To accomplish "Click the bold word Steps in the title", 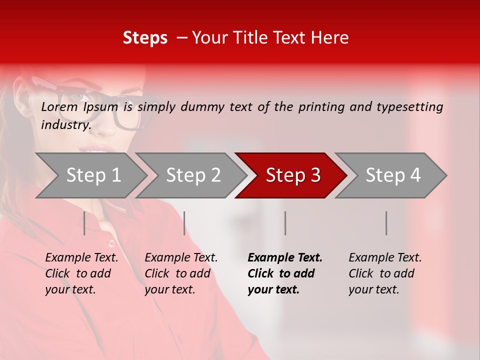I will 145,38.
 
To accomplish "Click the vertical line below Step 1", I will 84,223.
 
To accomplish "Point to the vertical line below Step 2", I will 184,223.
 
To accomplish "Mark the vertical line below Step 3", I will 285,223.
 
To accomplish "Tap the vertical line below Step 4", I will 386,223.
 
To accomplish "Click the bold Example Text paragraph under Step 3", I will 285,273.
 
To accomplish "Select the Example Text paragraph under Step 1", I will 81,273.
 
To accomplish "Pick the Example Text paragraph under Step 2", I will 181,273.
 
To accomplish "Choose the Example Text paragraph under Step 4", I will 385,273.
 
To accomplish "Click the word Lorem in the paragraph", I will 59,106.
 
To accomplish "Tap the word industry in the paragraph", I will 66,125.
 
